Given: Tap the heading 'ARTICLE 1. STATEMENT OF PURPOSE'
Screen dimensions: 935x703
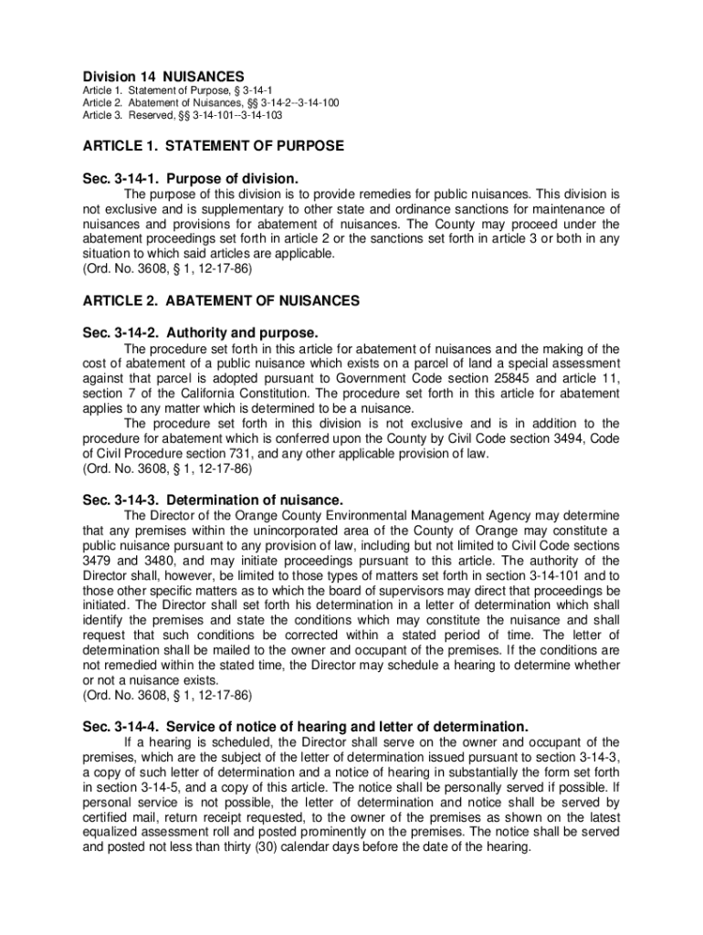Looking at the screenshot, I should click(214, 146).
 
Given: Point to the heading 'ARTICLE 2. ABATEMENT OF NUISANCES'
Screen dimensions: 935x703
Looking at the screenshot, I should click(221, 300).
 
